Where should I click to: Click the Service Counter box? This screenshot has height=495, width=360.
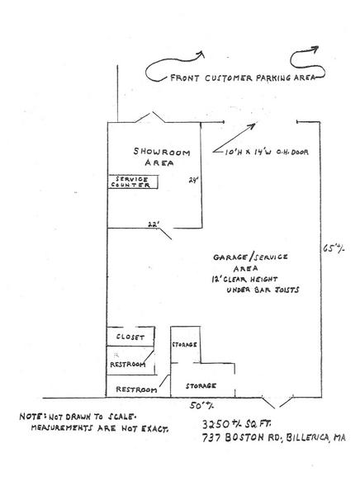pos(133,181)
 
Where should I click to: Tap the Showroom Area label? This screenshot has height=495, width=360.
pos(161,157)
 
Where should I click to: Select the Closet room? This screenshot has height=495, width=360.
pos(130,337)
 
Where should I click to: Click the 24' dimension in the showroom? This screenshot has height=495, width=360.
pos(193,180)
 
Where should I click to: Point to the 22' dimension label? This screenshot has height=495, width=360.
pos(154,224)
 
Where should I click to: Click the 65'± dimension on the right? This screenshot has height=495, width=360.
pos(334,248)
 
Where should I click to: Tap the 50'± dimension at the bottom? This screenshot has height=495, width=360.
pos(201,405)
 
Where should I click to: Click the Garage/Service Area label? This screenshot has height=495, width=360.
pos(250,262)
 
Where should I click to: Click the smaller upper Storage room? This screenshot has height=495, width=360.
pos(185,344)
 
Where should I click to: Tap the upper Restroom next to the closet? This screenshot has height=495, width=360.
pos(130,361)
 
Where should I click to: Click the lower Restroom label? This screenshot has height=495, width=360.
pos(136,389)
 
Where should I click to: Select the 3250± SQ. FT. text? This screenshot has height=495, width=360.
pos(236,424)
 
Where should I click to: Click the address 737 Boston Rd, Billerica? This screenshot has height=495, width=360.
pos(273,437)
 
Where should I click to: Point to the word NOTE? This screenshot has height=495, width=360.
pos(30,417)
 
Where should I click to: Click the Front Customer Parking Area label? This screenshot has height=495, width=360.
pos(243,78)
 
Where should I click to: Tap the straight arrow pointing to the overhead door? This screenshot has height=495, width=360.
pos(234,138)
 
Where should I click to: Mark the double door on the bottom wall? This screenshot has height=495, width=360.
pos(277,402)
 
